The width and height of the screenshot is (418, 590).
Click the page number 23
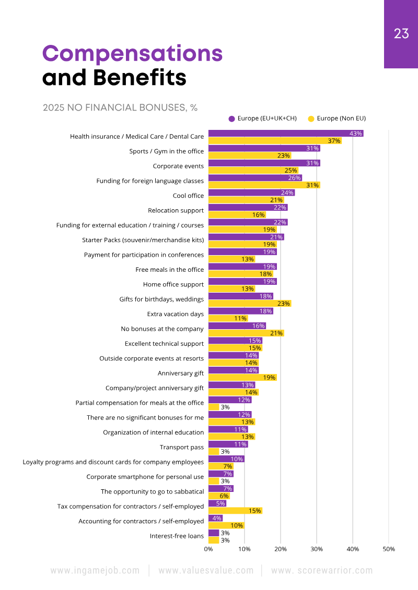click(x=401, y=34)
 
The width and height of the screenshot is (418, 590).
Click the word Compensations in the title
click(x=132, y=54)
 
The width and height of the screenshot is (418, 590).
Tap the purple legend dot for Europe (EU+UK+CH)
click(x=231, y=118)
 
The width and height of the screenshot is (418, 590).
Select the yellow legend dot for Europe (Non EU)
click(x=311, y=118)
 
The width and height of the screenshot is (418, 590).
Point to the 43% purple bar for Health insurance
click(x=286, y=134)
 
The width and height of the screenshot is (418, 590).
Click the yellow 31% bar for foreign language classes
click(x=264, y=185)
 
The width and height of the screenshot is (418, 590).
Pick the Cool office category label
click(x=188, y=196)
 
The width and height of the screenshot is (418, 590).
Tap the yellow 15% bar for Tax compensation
click(x=235, y=511)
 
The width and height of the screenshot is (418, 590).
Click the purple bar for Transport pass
click(x=228, y=444)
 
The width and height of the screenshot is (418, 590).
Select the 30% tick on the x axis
click(x=317, y=549)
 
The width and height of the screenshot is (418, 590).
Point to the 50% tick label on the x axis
click(x=389, y=549)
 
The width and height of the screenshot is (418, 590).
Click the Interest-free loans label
click(x=177, y=536)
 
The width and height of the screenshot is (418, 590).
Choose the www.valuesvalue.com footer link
click(x=206, y=571)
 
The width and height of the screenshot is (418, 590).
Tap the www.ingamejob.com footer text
click(x=95, y=571)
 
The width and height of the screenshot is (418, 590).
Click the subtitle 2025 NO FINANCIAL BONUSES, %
click(x=120, y=108)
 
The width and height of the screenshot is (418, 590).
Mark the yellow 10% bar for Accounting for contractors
click(x=226, y=525)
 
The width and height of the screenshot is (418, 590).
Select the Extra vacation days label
click(x=176, y=315)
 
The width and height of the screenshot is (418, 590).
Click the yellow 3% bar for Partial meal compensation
click(x=214, y=407)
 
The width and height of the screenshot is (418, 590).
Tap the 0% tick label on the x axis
click(x=208, y=549)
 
